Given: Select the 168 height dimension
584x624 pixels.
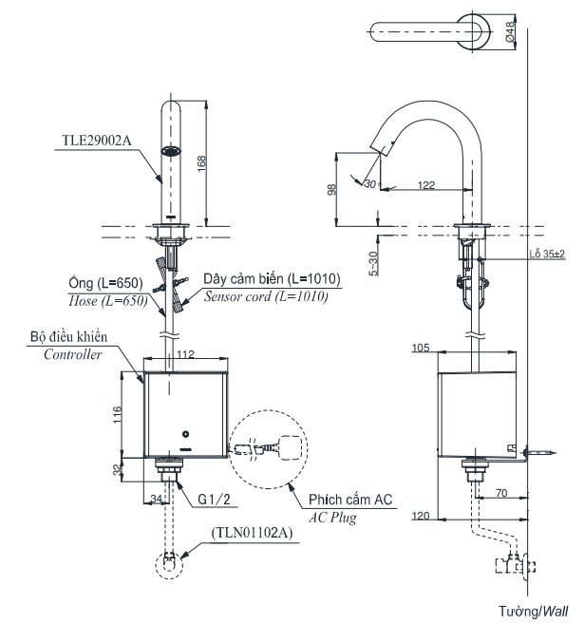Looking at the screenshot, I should [x=200, y=162].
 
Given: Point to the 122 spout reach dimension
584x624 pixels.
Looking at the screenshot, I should [x=426, y=185].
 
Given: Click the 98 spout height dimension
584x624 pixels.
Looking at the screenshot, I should [x=331, y=189].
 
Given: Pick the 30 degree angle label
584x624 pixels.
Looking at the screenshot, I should [x=369, y=185].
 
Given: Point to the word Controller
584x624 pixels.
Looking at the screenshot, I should [x=72, y=354].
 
